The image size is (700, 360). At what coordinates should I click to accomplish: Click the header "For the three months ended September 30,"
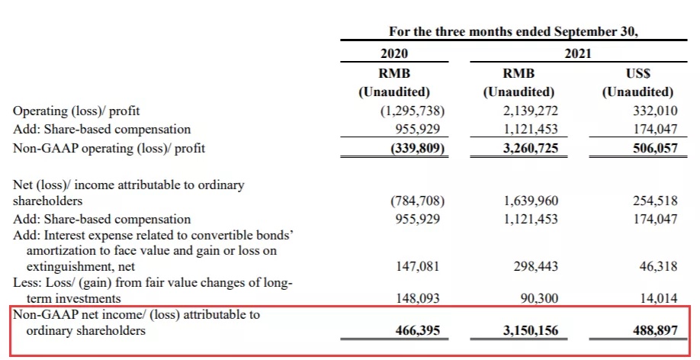click(513, 32)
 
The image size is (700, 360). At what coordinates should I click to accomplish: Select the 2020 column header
click(394, 53)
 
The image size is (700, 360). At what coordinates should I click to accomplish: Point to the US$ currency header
click(637, 74)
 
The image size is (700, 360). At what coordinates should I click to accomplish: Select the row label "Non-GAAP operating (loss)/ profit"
click(110, 148)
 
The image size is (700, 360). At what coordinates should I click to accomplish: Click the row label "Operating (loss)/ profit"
click(76, 111)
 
